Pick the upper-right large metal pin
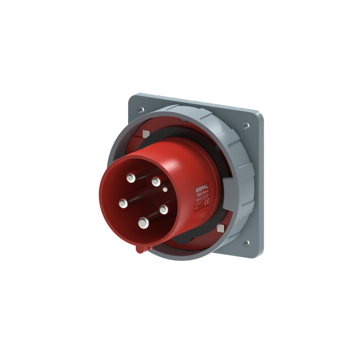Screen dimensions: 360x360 coord(156,181)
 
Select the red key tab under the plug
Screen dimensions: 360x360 coord(141,248)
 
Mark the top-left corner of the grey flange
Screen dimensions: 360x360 coord(130,96)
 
